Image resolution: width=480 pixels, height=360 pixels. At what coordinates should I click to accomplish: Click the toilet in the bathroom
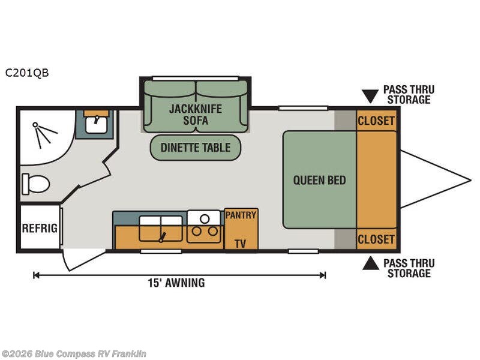point(36,184)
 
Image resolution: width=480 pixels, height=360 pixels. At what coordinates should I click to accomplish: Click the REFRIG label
point(40,228)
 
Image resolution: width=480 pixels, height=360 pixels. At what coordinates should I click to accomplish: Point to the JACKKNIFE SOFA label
point(196,115)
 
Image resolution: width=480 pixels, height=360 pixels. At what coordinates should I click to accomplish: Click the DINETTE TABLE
point(196,148)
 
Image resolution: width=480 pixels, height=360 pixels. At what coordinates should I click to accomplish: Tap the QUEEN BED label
point(320,180)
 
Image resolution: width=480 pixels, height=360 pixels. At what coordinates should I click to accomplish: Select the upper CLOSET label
point(376,121)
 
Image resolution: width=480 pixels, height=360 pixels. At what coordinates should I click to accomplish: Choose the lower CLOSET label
point(376,239)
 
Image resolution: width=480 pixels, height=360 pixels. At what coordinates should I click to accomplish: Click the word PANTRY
point(241,215)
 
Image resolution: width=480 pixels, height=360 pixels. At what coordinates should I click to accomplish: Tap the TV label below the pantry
point(241,244)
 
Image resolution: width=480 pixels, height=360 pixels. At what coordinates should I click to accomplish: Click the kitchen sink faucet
point(162,237)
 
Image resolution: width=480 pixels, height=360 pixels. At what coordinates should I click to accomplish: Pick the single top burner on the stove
point(205,219)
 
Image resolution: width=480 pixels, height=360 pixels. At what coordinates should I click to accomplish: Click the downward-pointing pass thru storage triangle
point(370,96)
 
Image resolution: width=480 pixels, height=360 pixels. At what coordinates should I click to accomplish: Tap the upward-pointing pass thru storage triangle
point(371,263)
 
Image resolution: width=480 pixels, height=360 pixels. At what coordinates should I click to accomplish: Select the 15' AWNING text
point(176,283)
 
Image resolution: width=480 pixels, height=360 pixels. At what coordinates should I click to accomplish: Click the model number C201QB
point(27,73)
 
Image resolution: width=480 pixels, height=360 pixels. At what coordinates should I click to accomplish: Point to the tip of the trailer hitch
point(471,180)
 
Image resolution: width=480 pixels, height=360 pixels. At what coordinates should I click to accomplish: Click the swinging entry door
point(82,260)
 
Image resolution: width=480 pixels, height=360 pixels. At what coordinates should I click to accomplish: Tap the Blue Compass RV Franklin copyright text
point(73,353)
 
